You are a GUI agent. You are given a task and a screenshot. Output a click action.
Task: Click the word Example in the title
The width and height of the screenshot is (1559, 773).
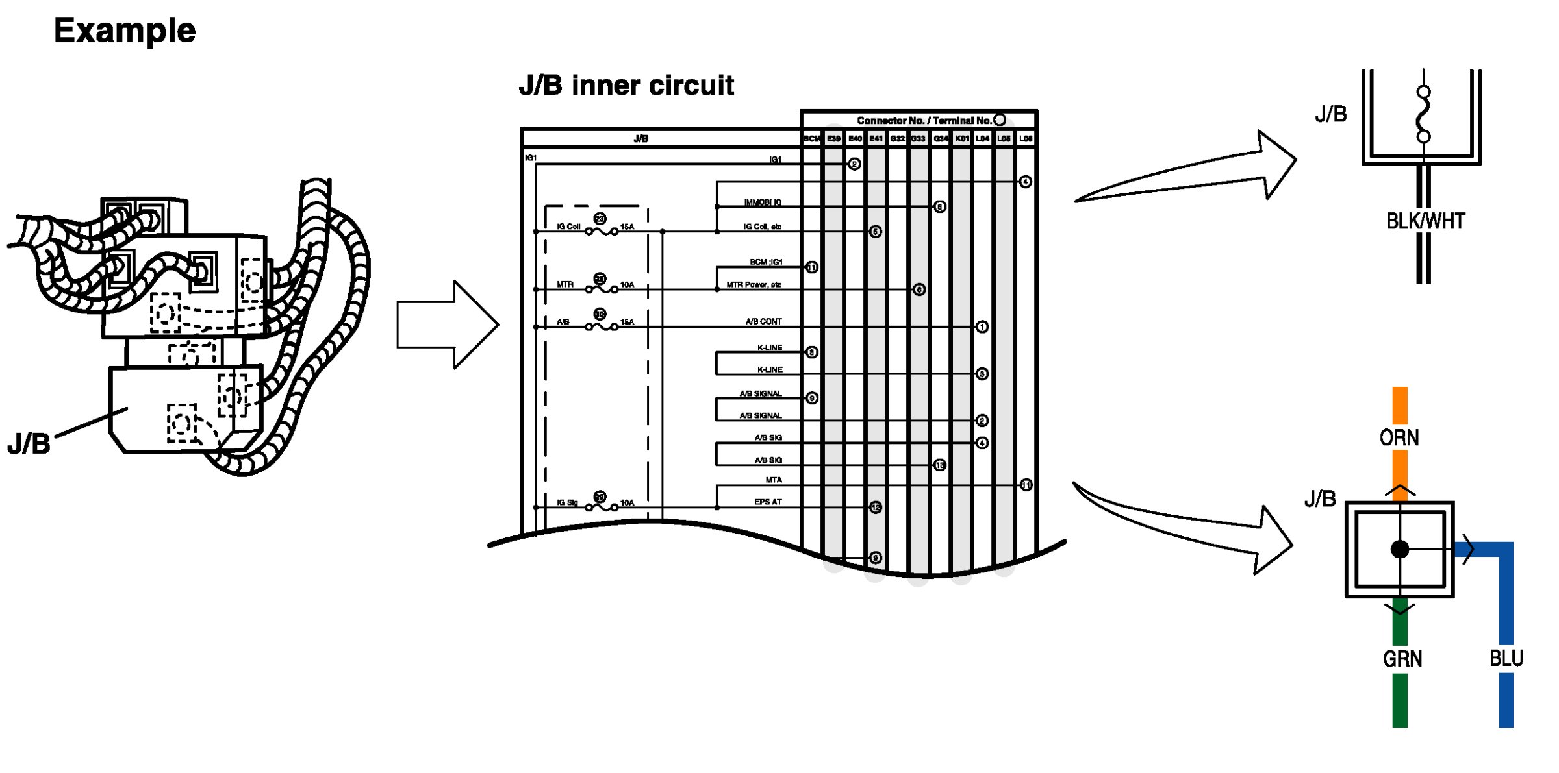pos(125,31)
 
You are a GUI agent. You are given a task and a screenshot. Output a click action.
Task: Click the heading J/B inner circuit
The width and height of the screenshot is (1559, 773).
pos(626,85)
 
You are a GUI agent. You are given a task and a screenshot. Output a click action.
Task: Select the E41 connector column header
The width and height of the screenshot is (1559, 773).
pos(876,138)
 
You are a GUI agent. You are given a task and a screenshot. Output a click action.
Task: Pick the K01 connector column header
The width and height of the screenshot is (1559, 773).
pos(962,138)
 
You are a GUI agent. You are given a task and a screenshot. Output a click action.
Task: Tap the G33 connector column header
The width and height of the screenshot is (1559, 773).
pos(918,138)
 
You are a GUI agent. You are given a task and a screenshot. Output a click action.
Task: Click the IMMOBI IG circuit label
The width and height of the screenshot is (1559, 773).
pos(763,202)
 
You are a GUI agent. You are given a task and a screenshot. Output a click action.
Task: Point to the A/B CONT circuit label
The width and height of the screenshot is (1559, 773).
pos(763,321)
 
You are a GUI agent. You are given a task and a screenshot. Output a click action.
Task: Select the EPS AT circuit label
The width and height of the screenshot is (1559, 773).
pos(768,502)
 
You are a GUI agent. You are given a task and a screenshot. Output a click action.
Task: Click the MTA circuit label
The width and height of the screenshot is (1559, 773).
pos(774,480)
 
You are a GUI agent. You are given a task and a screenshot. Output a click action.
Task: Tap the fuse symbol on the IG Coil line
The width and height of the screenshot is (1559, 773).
pos(602,231)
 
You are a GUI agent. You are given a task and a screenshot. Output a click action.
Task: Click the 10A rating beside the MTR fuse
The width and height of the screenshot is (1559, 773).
pos(627,284)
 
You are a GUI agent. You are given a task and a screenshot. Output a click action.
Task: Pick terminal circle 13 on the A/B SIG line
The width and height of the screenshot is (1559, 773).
pos(939,465)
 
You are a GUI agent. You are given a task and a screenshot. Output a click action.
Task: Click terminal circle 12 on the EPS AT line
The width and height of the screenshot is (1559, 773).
pos(876,507)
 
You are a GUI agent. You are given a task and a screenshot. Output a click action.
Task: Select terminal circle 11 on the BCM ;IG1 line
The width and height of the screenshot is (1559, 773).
pos(812,267)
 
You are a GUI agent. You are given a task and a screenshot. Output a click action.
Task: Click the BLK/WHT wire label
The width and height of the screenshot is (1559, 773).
pos(1425,221)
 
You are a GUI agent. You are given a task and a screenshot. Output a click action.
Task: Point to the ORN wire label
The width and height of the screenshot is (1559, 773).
pos(1399,437)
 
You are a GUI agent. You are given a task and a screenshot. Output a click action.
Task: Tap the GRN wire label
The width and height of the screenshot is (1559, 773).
pos(1402,659)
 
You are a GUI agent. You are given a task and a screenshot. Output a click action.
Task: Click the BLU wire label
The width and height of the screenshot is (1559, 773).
pos(1506,658)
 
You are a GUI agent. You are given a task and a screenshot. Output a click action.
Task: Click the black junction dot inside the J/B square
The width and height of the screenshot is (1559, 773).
pos(1400,549)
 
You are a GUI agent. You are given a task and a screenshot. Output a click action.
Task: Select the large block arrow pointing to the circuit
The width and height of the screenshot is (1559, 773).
pos(447,325)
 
